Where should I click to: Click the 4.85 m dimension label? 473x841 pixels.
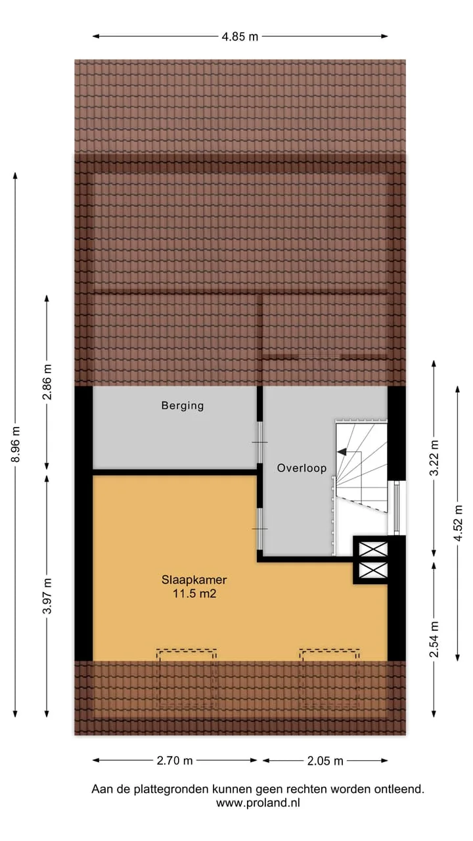point(240,37)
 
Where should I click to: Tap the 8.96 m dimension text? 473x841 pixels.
point(16,445)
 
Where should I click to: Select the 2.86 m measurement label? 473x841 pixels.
point(47,382)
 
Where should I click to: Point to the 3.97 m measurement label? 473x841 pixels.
point(47,596)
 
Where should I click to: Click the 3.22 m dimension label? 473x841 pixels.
point(434,458)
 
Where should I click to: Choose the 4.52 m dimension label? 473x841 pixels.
point(458,523)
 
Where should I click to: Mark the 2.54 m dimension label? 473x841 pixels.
point(434,639)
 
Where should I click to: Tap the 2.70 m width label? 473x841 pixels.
point(175,761)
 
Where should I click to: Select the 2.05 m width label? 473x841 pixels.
point(325,761)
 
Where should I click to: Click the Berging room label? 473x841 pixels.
point(183,406)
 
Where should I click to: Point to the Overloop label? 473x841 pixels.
point(302,468)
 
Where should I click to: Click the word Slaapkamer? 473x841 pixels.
point(194,580)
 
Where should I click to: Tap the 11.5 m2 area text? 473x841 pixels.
point(194,593)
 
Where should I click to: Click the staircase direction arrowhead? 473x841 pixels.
point(342,452)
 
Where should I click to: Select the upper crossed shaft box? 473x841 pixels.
point(373,549)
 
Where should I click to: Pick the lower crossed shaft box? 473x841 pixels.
point(373,570)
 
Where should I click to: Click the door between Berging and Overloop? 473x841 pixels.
point(259,442)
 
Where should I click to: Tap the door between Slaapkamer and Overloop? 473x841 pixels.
point(259,529)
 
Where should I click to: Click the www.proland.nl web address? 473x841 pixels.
point(258,803)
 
